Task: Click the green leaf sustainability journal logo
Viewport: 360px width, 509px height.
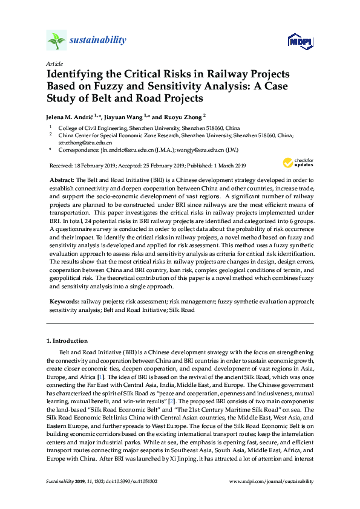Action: (56, 41)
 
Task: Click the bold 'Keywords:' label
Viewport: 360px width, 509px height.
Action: (64, 300)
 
